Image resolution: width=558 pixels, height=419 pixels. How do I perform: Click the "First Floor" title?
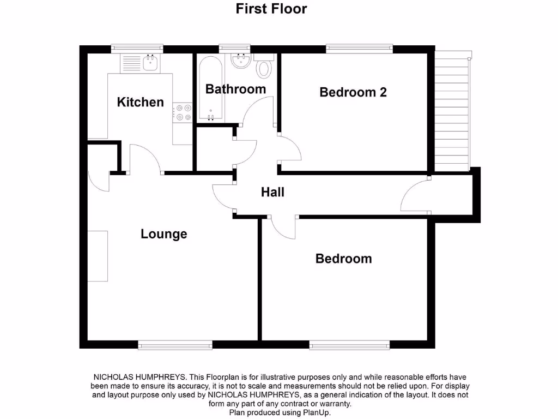tap(271, 9)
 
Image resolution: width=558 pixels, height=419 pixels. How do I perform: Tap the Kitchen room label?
tap(140, 102)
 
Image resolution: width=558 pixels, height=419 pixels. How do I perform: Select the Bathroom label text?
tap(235, 89)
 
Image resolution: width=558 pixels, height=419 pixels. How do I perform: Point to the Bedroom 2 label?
tap(353, 92)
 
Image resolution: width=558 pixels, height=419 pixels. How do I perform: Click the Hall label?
tap(272, 192)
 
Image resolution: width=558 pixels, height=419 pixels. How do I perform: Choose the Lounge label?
tap(163, 234)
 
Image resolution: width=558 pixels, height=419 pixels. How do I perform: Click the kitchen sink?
tap(150, 63)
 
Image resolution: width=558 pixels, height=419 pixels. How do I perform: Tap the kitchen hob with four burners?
tap(183, 113)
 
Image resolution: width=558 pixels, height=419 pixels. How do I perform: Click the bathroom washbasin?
tap(240, 61)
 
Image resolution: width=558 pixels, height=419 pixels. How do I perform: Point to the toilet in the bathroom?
tap(264, 68)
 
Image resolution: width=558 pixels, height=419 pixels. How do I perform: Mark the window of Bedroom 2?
tap(359, 49)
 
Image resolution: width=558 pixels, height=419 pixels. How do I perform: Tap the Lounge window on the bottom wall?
tap(175, 345)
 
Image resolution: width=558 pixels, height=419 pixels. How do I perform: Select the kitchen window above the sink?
tap(137, 49)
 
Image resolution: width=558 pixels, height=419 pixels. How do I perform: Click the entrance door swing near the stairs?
tap(414, 195)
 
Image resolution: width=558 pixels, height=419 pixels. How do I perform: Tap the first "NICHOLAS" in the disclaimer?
tap(117, 377)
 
